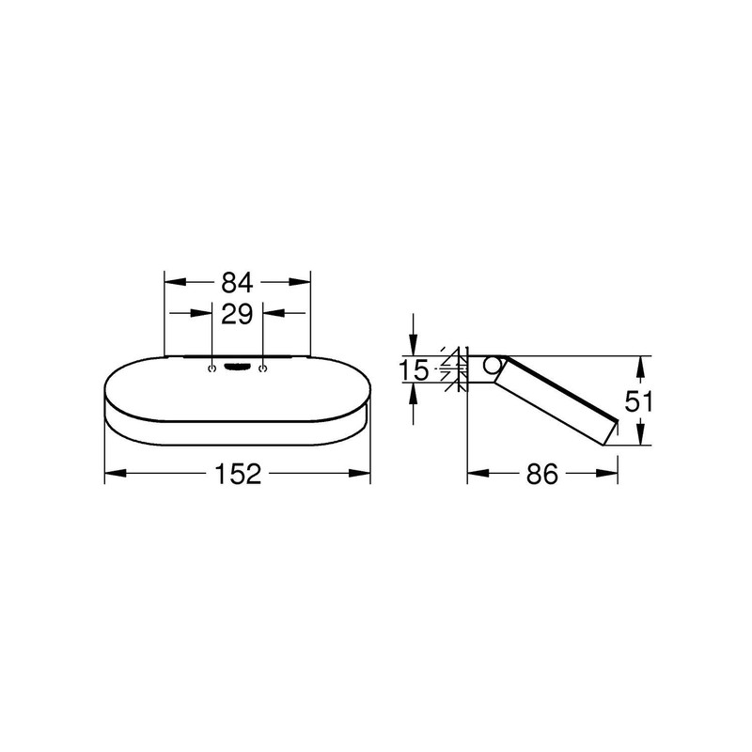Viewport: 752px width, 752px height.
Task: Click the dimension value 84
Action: tap(238, 281)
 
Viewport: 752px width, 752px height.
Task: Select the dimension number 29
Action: tap(238, 313)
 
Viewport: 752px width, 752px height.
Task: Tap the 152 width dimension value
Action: tap(238, 475)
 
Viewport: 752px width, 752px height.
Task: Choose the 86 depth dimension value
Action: tap(542, 475)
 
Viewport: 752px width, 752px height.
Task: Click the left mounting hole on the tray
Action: tap(212, 368)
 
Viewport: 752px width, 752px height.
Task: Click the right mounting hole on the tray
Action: tap(264, 368)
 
